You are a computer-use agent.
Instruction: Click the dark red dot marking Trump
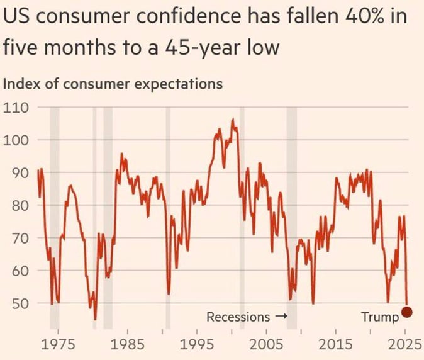point(407,312)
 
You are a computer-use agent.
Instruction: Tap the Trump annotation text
point(380,317)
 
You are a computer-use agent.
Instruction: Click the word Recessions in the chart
point(238,317)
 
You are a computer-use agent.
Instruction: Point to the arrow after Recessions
point(281,317)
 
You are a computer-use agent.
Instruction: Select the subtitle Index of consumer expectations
point(114,84)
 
